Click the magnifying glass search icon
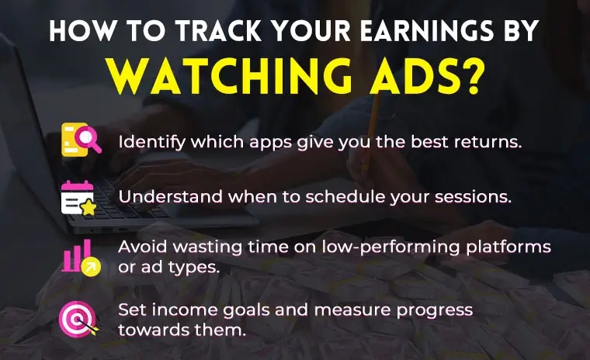[x=81, y=142]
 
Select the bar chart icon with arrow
[x=81, y=257]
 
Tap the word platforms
[x=515, y=247]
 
